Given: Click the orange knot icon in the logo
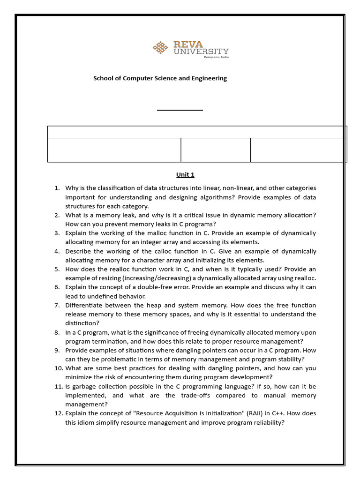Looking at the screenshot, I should [161, 47].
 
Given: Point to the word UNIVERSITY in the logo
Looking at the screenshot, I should [201, 52].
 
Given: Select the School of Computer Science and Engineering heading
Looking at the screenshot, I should [160, 78].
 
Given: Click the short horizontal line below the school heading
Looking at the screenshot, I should [180, 110].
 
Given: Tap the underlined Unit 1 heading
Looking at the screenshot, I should [185, 175].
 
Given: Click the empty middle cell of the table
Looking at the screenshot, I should [216, 150].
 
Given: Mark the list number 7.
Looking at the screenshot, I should [57, 305].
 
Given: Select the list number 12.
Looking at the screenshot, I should [58, 413].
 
